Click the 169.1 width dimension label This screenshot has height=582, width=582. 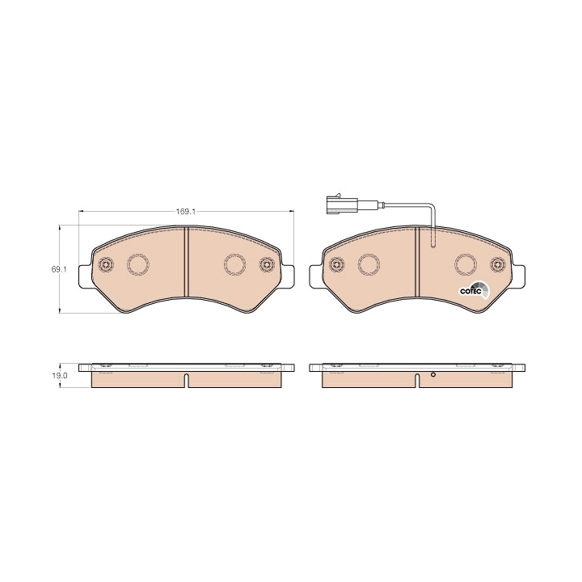[x=186, y=212]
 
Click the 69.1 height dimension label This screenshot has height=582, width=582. [x=59, y=269]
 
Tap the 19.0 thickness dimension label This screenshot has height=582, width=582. [x=60, y=375]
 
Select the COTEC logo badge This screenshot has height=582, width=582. [x=474, y=291]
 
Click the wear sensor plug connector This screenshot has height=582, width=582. [x=342, y=205]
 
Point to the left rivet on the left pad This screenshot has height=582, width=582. [x=106, y=264]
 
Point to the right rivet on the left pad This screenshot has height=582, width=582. [x=267, y=264]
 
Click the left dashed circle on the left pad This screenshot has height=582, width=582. [x=138, y=264]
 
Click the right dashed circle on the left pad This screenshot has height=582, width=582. [x=234, y=264]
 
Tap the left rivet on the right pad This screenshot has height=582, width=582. [x=337, y=264]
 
